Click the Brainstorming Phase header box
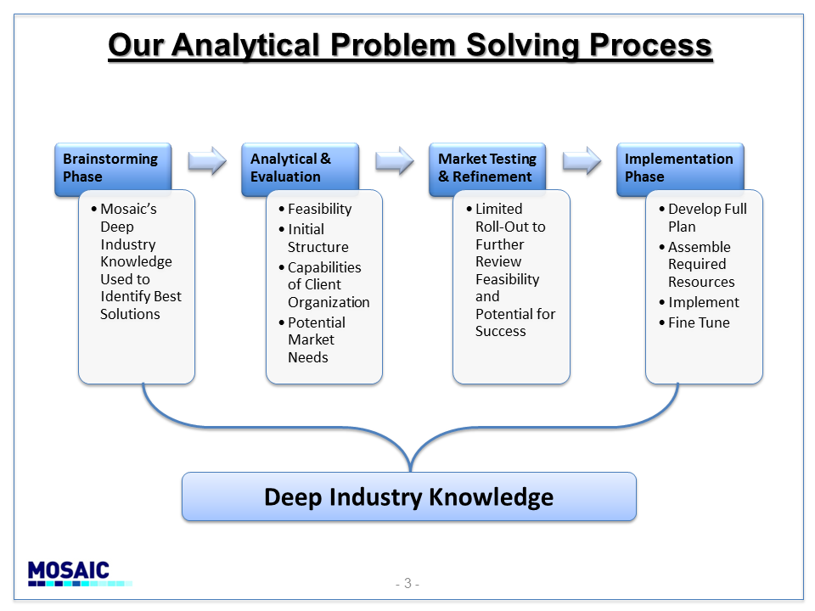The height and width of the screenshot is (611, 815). click(x=113, y=170)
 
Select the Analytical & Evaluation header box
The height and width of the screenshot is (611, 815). click(x=300, y=170)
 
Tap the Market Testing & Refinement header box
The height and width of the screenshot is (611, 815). click(x=487, y=170)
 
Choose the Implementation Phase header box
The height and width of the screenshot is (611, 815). click(x=680, y=170)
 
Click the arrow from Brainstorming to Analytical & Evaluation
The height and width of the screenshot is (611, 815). click(x=207, y=160)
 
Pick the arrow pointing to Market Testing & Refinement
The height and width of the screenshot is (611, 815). click(x=395, y=160)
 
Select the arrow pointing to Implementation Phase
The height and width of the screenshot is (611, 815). click(x=582, y=160)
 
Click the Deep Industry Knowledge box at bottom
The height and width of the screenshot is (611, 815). click(x=409, y=496)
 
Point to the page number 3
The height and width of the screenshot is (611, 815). click(x=408, y=584)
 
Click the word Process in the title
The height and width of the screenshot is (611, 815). click(x=650, y=45)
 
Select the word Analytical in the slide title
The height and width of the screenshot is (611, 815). click(x=245, y=46)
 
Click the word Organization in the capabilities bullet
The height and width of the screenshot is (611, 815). click(x=329, y=302)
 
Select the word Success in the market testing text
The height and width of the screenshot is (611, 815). click(x=501, y=331)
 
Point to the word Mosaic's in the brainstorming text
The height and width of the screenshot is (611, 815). click(x=128, y=209)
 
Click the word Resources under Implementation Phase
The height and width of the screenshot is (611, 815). click(x=701, y=282)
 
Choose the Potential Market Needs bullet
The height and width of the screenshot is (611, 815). click(x=312, y=339)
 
